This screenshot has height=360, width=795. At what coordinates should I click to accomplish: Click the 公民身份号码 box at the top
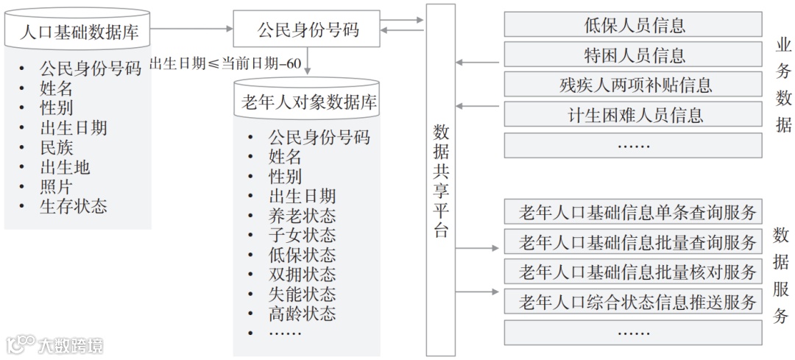point(307,29)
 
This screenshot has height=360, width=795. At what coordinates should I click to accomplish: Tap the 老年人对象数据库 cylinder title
point(308,102)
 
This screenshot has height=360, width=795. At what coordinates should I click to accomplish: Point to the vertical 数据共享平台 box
point(441,180)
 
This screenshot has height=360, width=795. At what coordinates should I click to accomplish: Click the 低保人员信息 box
point(634,25)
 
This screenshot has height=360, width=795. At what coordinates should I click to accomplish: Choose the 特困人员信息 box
point(634,55)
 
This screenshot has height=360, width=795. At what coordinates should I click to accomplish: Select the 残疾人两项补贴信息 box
point(634,85)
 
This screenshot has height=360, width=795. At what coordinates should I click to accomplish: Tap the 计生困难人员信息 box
point(634,115)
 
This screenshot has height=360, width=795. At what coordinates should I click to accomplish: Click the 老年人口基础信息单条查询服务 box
point(634,213)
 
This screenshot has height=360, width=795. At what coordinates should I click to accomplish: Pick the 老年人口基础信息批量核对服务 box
point(634,272)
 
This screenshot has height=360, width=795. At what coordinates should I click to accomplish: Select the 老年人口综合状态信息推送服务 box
point(634,302)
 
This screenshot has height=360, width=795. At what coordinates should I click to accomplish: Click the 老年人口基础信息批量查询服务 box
point(634,242)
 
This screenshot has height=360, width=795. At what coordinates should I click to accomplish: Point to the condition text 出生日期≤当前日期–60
point(225,63)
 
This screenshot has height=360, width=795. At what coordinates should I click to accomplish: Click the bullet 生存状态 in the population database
point(73,206)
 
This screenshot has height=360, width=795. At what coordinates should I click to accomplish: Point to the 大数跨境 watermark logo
point(54,344)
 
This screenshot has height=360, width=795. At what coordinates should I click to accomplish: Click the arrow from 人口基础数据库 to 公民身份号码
point(192,29)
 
